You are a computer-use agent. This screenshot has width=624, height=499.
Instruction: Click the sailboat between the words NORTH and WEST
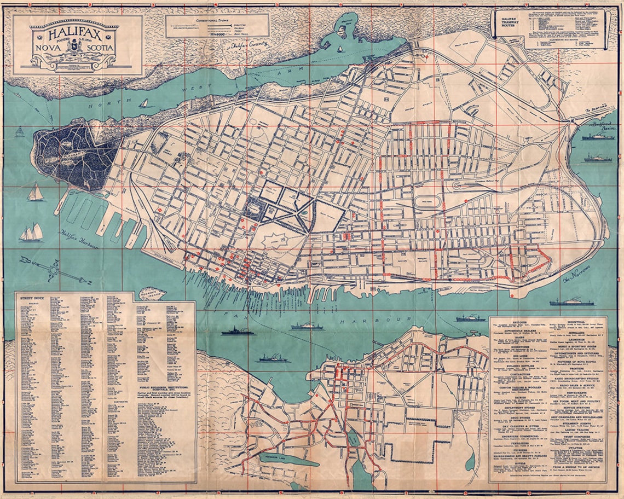(x=143, y=103)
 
